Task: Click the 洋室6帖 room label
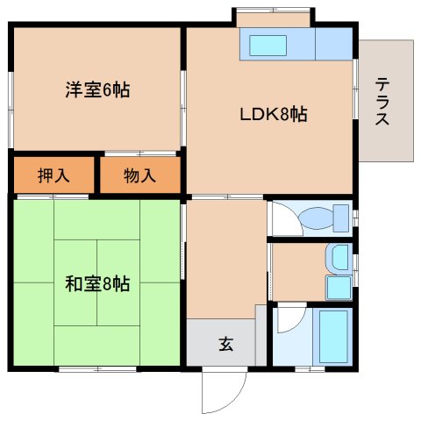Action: point(97,89)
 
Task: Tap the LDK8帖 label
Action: point(274,114)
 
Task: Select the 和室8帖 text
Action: point(97,283)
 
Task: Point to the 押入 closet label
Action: point(54,175)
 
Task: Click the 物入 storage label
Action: point(139,175)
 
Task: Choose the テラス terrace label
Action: point(382,102)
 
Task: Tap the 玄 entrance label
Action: point(226,344)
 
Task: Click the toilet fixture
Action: point(324,218)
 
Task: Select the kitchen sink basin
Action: point(268,46)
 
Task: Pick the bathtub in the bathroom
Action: point(333,337)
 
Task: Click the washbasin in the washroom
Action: point(339,258)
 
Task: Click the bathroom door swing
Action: point(292,319)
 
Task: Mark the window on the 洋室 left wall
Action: point(11,110)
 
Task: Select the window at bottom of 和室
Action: point(97,369)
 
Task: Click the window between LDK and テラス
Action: point(355,89)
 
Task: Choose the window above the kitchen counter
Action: point(273,11)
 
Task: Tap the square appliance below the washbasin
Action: point(339,288)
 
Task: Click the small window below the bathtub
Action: point(310,369)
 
